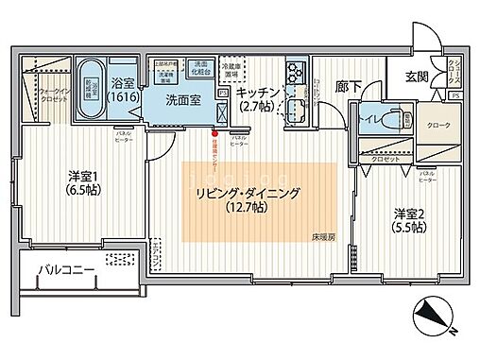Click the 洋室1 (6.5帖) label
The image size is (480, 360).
[84, 182]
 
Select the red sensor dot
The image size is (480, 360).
[214, 133]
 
